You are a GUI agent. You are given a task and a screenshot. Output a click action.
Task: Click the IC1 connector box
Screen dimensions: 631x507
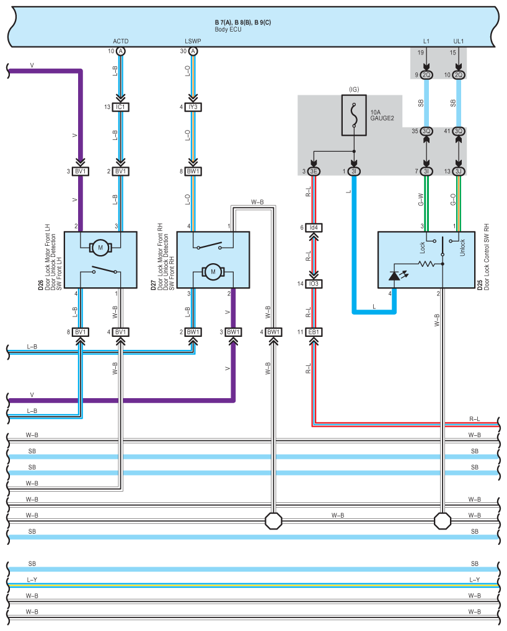tap(121, 107)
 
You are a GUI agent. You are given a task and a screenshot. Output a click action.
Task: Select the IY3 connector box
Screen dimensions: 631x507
tap(193, 107)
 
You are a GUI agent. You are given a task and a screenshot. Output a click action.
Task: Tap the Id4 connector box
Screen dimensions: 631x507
tap(314, 228)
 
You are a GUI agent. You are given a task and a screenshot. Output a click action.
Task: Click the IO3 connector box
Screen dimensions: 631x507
tap(314, 284)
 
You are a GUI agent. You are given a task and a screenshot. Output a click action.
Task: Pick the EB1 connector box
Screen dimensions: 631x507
tap(314, 332)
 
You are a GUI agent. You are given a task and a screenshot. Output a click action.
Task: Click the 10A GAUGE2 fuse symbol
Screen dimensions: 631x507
tap(354, 115)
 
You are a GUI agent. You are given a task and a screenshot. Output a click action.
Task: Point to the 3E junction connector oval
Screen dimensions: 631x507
tap(314, 172)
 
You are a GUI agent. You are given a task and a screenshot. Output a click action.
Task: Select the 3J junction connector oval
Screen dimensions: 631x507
tap(459, 172)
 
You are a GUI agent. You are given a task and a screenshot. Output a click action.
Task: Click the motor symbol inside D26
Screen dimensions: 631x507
tap(100, 248)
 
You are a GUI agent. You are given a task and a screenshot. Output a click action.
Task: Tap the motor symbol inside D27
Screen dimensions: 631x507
tap(213, 271)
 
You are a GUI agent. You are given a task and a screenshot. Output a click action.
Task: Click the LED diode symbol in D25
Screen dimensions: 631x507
tap(395, 275)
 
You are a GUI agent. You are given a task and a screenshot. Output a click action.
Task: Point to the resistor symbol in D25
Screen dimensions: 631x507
tap(426, 264)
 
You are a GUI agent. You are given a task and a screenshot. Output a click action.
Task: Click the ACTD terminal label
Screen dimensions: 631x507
tap(121, 41)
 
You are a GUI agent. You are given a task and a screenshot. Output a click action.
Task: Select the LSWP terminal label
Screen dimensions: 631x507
tap(193, 41)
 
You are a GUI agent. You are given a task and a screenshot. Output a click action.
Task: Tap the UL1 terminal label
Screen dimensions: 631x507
tap(459, 41)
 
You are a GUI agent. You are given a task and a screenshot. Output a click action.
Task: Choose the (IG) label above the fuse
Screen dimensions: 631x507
tap(354, 89)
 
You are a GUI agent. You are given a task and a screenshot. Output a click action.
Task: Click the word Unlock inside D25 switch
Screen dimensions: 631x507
tap(461, 250)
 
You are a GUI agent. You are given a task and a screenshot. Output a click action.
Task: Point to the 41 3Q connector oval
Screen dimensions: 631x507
tap(459, 131)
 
